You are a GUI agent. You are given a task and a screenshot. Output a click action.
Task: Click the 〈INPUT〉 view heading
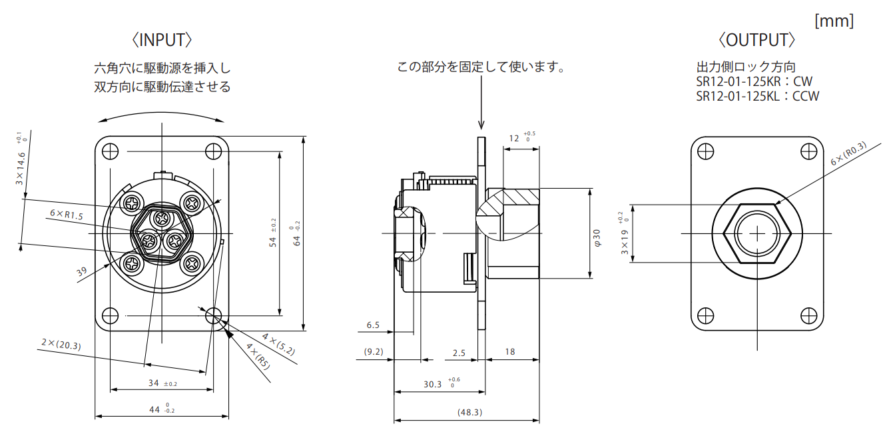pyautogui.click(x=162, y=40)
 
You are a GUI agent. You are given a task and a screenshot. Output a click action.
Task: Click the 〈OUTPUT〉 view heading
pyautogui.click(x=756, y=40)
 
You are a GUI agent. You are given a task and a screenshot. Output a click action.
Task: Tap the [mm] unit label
pyautogui.click(x=834, y=21)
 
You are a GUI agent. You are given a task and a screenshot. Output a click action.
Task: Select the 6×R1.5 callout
pyautogui.click(x=66, y=215)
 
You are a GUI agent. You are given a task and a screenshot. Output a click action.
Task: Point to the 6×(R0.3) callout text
pyautogui.click(x=848, y=153)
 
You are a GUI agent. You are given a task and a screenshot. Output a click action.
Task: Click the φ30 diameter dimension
pyautogui.click(x=597, y=238)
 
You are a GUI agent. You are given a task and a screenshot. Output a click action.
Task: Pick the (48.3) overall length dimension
pyautogui.click(x=469, y=412)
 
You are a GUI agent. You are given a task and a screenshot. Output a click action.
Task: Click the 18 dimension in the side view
pyautogui.click(x=510, y=352)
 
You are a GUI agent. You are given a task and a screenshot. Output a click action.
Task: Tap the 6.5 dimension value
pyautogui.click(x=373, y=325)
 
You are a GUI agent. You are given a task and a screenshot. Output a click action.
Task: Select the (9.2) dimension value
pyautogui.click(x=374, y=352)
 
